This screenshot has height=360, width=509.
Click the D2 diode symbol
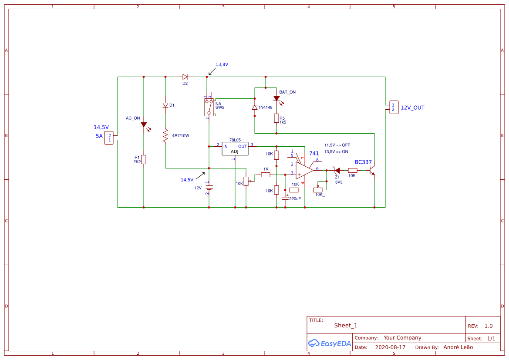(185, 77)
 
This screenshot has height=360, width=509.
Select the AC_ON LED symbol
(144, 125)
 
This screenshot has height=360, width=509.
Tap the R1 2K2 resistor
(144, 159)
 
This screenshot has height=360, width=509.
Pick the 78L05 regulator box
(235, 148)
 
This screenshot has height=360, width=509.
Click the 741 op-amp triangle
(304, 170)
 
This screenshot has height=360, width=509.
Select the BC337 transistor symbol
(372, 170)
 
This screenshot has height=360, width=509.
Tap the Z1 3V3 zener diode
(337, 170)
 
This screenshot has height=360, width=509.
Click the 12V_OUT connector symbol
(393, 107)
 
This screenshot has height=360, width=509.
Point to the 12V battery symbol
(209, 188)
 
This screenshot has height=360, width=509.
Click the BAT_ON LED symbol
(276, 99)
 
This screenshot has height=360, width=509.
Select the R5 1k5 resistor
(276, 118)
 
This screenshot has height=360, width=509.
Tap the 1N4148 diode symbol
(255, 108)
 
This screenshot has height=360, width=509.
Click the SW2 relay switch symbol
(209, 107)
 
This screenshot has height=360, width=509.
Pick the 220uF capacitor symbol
(285, 198)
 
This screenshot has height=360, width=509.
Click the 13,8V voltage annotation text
(222, 64)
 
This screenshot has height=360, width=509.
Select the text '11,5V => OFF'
(337, 145)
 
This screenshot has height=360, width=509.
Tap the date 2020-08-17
(390, 347)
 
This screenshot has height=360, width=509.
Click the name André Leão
(458, 347)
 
